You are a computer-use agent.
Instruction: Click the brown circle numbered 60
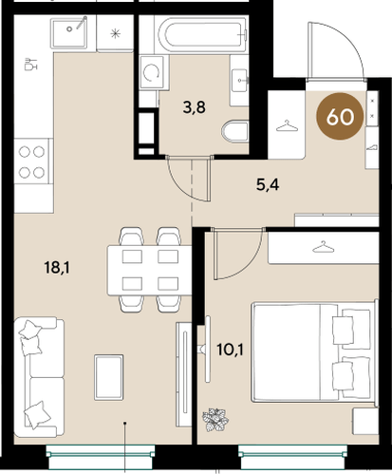(340, 117)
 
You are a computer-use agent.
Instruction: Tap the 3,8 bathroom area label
(194, 107)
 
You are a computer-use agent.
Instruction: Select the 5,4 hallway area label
(268, 184)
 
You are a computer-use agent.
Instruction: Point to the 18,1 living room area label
(57, 268)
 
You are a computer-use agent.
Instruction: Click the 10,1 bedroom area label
(230, 350)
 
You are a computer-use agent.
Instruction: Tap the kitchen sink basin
(68, 32)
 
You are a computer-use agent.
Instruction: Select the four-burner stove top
(31, 161)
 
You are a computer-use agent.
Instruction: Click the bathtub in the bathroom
(202, 34)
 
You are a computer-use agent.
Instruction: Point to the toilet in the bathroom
(234, 132)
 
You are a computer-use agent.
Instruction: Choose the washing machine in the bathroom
(152, 72)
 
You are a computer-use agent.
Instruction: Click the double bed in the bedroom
(314, 351)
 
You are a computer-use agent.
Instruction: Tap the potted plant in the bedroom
(215, 420)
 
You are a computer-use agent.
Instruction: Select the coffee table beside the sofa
(108, 377)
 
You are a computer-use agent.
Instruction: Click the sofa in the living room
(39, 377)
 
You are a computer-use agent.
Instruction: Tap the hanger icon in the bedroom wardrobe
(324, 247)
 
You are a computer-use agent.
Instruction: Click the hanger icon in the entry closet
(287, 125)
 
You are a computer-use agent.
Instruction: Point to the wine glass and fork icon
(30, 64)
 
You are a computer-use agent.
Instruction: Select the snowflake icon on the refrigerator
(115, 33)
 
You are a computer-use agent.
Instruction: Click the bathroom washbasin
(239, 81)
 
